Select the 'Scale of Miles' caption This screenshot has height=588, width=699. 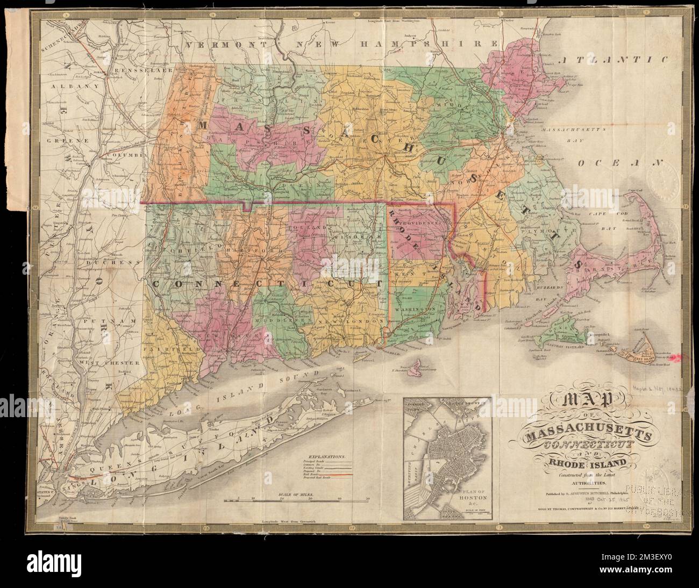click(x=297, y=493)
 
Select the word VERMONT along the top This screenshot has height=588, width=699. click(x=224, y=45)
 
